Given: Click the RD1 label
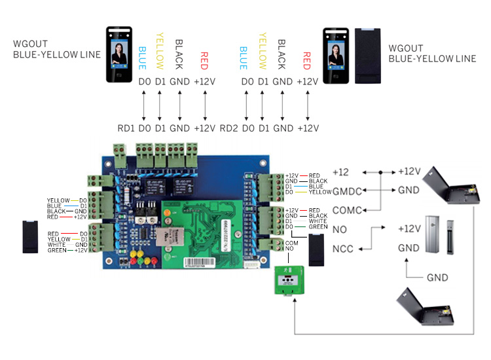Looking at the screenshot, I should pos(126,128).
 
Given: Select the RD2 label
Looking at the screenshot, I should pos(228,128).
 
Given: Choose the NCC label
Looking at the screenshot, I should pos(343,249).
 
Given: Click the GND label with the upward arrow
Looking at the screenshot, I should pos(437,278).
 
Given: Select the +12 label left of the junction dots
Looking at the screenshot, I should pos(340,171).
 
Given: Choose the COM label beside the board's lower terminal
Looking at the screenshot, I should pos(291,243).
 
